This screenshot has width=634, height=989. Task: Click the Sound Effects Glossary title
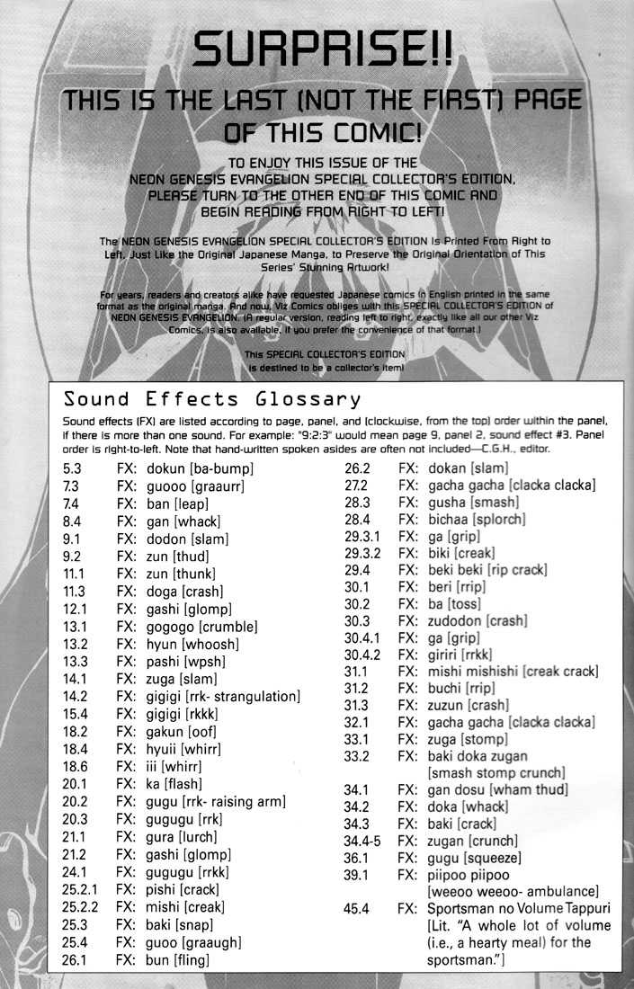coord(212,398)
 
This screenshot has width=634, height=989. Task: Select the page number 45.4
coord(359,908)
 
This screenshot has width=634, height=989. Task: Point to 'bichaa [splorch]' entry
coord(477,520)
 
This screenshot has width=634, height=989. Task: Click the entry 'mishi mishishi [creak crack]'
coord(513,671)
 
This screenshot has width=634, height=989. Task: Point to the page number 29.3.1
coord(362,537)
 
